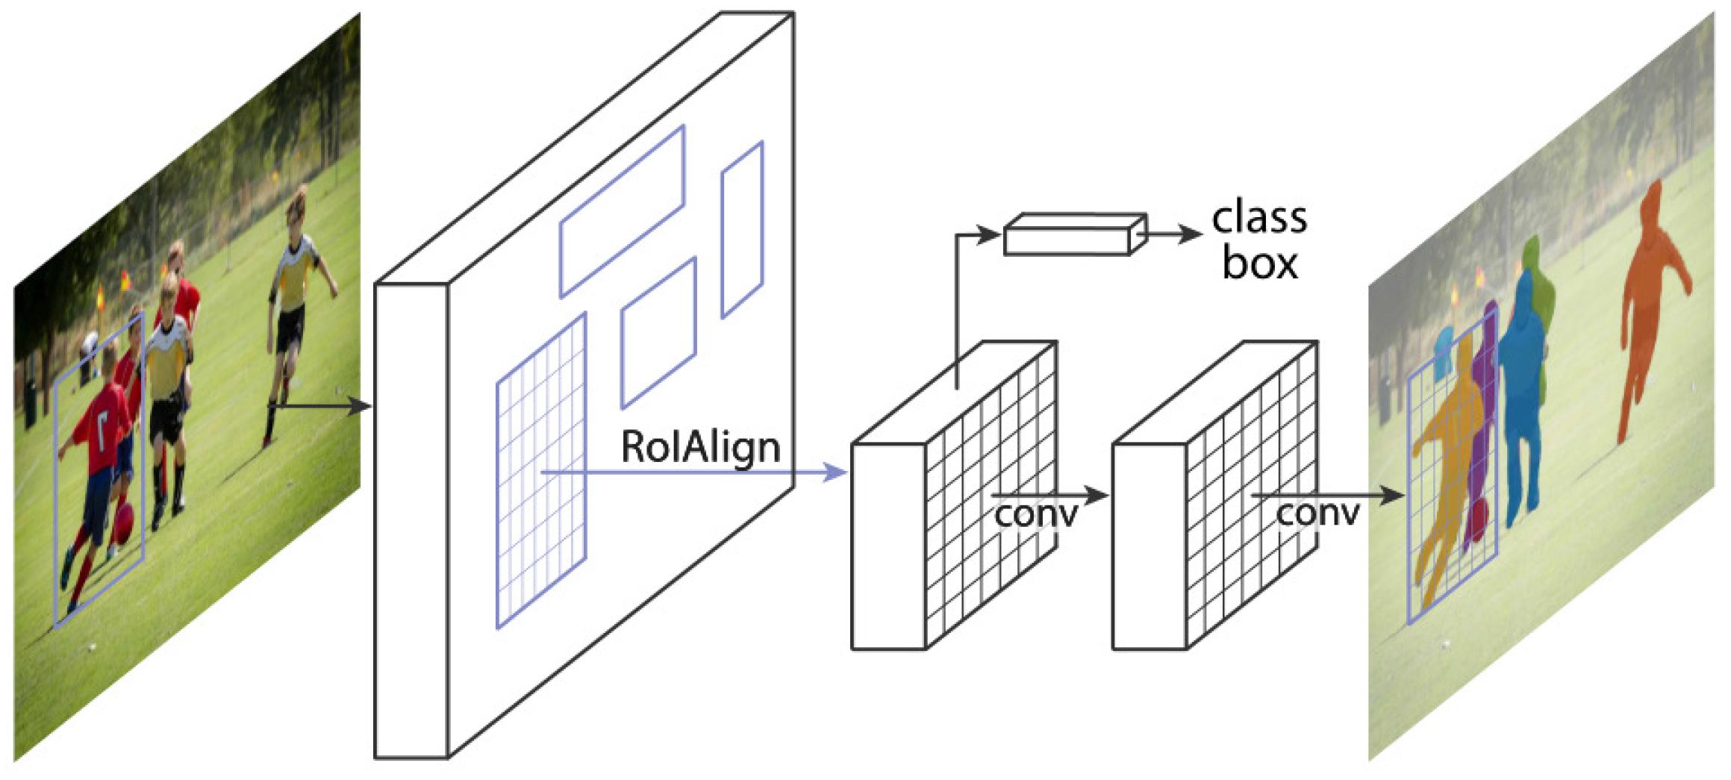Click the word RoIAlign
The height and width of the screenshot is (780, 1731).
[700, 448]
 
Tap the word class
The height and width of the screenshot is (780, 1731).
[1259, 219]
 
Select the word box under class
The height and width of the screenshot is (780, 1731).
[1259, 263]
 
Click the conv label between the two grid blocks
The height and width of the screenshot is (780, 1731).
[1036, 514]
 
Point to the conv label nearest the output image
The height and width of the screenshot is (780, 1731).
[1317, 514]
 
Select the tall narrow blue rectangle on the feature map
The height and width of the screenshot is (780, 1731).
[741, 230]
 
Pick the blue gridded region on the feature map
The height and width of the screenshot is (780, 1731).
[541, 470]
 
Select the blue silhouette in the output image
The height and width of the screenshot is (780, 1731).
[1523, 396]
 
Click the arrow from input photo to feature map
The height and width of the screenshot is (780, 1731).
[321, 406]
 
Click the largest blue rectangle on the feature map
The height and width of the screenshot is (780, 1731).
[622, 211]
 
